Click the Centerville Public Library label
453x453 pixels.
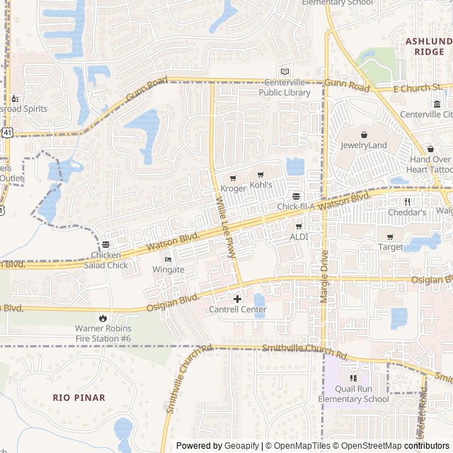click(284, 88)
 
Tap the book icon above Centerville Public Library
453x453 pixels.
click(285, 71)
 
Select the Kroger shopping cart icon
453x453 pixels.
click(233, 178)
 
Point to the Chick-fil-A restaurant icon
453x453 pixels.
click(296, 196)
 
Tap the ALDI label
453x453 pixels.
click(298, 236)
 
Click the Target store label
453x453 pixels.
click(390, 247)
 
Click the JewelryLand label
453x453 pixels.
click(364, 145)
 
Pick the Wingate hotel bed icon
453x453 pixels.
click(168, 259)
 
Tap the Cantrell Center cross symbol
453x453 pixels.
click(237, 299)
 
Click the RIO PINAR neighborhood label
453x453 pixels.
click(79, 398)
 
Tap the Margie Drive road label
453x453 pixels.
click(325, 277)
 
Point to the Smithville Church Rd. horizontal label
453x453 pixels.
click(305, 349)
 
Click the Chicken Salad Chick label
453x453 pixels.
click(109, 260)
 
